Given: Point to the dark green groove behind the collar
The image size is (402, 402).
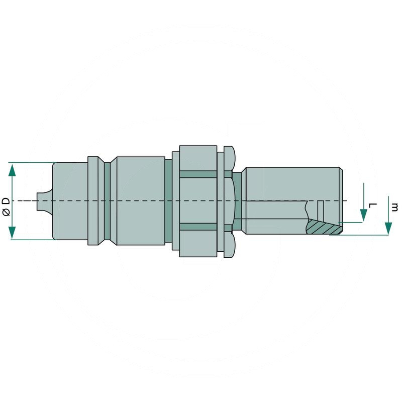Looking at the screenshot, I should point(107,201).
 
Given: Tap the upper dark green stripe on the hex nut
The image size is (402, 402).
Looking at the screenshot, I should point(198,174).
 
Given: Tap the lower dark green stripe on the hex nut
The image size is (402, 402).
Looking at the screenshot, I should point(198,227).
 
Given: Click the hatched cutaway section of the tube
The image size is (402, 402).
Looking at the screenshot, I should point(323,228).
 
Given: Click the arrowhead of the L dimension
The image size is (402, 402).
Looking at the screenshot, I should point(362,217).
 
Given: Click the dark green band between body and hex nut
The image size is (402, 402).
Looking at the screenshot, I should point(168,201).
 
